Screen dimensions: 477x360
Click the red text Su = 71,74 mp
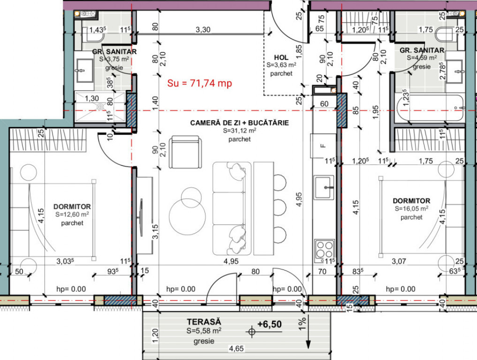[199, 83]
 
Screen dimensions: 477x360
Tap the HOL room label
[281, 57]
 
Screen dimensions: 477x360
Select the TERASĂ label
[204, 322]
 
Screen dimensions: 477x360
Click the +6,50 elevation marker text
[270, 324]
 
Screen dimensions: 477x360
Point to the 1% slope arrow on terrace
[308, 332]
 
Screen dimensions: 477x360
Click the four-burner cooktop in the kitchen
[324, 249]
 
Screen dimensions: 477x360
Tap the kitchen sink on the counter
[324, 187]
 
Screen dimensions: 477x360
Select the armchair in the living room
[185, 152]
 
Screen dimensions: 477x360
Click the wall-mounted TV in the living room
[141, 217]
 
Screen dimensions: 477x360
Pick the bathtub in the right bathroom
[430, 108]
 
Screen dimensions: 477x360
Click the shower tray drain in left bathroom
[100, 107]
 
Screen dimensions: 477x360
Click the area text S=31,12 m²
[239, 131]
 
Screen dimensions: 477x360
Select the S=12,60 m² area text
[72, 215]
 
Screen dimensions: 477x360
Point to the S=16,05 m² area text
[412, 209]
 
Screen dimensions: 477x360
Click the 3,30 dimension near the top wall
[203, 30]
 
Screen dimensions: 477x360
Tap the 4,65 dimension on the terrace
[236, 348]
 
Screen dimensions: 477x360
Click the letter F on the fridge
[323, 146]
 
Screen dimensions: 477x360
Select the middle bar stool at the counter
[280, 207]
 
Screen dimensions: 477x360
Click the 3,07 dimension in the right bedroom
[399, 261]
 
